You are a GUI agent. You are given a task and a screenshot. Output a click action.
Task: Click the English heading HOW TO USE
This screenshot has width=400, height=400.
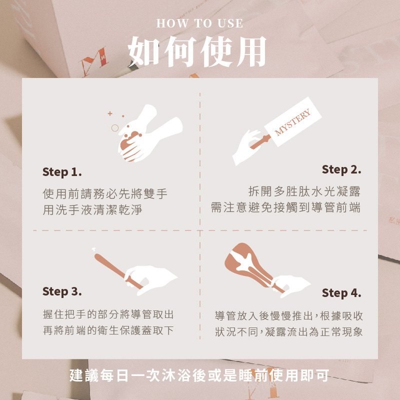[x=199, y=23]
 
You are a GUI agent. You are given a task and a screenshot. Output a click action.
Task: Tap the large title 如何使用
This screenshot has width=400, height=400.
[x=197, y=51]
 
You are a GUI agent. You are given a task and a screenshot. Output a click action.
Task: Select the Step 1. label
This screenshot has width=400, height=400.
[x=62, y=172]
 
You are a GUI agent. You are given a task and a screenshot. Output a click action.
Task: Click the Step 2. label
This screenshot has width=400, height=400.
[x=341, y=169]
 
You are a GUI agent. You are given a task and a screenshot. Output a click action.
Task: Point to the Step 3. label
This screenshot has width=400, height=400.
[x=62, y=291]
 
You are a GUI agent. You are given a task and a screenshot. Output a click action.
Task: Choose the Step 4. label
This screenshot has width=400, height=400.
[x=341, y=293]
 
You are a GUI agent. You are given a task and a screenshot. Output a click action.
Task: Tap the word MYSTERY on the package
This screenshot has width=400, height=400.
[x=292, y=122]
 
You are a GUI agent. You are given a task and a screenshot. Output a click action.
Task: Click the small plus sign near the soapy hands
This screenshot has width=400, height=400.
[x=110, y=113]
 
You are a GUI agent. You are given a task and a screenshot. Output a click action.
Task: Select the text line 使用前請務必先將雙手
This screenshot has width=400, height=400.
[x=105, y=193]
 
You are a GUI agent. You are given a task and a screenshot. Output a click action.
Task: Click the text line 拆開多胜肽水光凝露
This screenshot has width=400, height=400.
[x=304, y=191]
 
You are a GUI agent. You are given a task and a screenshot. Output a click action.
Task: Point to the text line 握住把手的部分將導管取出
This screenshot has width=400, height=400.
[x=108, y=314]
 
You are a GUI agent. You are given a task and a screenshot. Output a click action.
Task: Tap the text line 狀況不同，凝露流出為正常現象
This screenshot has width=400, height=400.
[x=289, y=332]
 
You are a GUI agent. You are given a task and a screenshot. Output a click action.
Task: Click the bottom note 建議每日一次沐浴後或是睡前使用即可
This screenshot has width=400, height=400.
[x=199, y=375]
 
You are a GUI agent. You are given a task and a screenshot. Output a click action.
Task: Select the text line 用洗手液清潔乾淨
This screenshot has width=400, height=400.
[x=92, y=209]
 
